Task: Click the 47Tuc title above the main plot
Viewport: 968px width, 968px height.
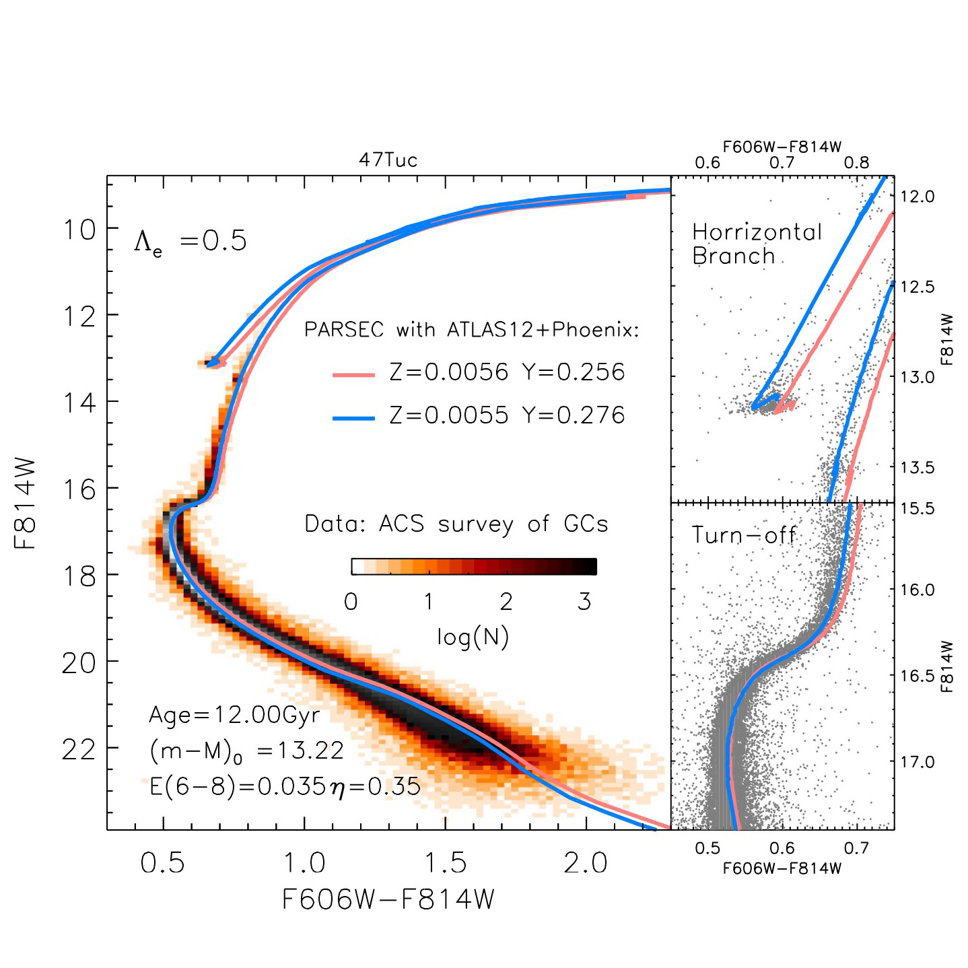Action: tap(388, 160)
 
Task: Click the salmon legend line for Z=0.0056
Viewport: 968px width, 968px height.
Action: tap(354, 375)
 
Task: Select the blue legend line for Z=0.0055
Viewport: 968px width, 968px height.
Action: tap(354, 418)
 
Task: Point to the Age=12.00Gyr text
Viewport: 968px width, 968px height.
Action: tap(234, 715)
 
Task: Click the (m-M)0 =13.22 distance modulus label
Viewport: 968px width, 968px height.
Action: tap(246, 751)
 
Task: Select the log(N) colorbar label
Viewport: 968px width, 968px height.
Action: tap(473, 637)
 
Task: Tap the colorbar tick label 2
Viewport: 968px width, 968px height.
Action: tap(506, 602)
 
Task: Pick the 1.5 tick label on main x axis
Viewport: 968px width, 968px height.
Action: tap(445, 864)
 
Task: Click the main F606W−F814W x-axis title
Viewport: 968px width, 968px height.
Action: tap(388, 899)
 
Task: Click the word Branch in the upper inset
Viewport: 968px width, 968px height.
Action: tap(734, 256)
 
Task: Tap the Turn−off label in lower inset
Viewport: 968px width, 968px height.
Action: tap(744, 536)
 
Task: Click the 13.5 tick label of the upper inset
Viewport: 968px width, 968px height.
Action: tap(918, 467)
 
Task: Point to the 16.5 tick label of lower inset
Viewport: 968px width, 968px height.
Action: tap(918, 677)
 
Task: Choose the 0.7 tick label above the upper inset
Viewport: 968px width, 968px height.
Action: tap(782, 163)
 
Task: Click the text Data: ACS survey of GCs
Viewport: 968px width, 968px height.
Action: tap(456, 524)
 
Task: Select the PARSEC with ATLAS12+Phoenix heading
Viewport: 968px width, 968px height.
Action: tap(471, 330)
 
